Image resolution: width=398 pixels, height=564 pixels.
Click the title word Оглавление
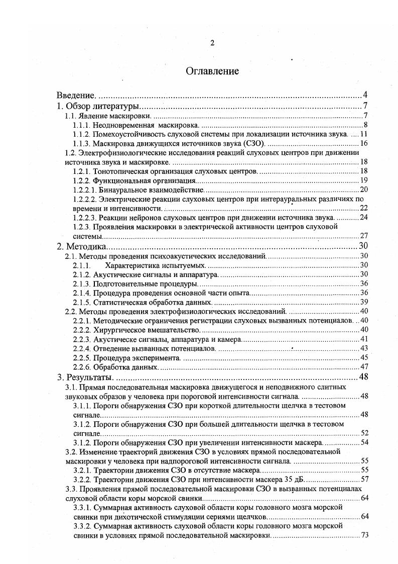(212, 71)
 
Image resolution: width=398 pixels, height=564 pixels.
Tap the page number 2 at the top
(212, 43)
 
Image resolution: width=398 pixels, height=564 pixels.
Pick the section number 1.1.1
(81, 125)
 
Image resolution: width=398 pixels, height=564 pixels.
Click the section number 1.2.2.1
(84, 190)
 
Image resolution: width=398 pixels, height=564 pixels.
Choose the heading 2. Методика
(80, 246)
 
